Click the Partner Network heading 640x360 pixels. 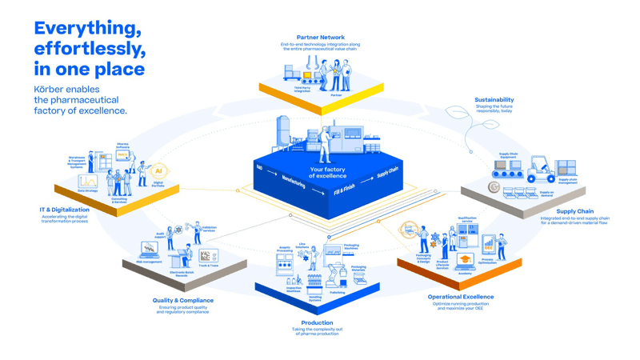coord(320,37)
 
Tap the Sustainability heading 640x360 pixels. coord(494,100)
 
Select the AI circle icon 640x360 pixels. coord(158,170)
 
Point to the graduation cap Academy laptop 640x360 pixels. coord(465,262)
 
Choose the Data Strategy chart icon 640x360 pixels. coord(88,182)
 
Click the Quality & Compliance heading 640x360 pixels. coord(183,301)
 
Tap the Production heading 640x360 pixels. coord(317,323)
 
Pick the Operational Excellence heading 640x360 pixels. coord(460,297)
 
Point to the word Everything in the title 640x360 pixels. coord(87,28)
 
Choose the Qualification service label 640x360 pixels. coord(466,218)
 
